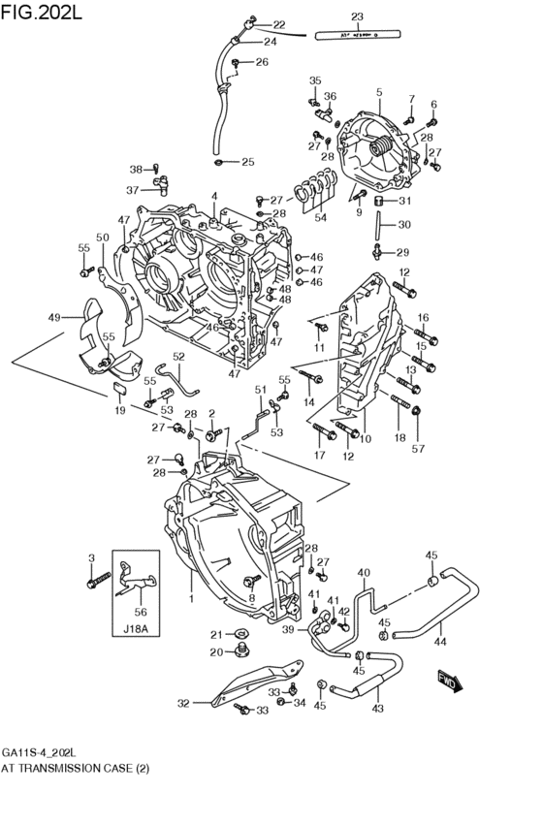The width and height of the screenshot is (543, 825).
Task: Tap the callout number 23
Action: (357, 17)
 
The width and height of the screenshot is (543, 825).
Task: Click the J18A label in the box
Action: (136, 628)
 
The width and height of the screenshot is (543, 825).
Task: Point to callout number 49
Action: (54, 317)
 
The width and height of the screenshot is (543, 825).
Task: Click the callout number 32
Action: (183, 704)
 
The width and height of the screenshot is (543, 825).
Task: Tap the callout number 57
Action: (419, 449)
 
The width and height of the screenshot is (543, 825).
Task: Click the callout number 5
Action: (379, 93)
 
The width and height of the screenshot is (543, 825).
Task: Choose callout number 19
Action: (119, 410)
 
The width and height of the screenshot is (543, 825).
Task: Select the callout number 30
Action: (404, 225)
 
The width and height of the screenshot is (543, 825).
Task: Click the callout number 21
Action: (217, 634)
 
